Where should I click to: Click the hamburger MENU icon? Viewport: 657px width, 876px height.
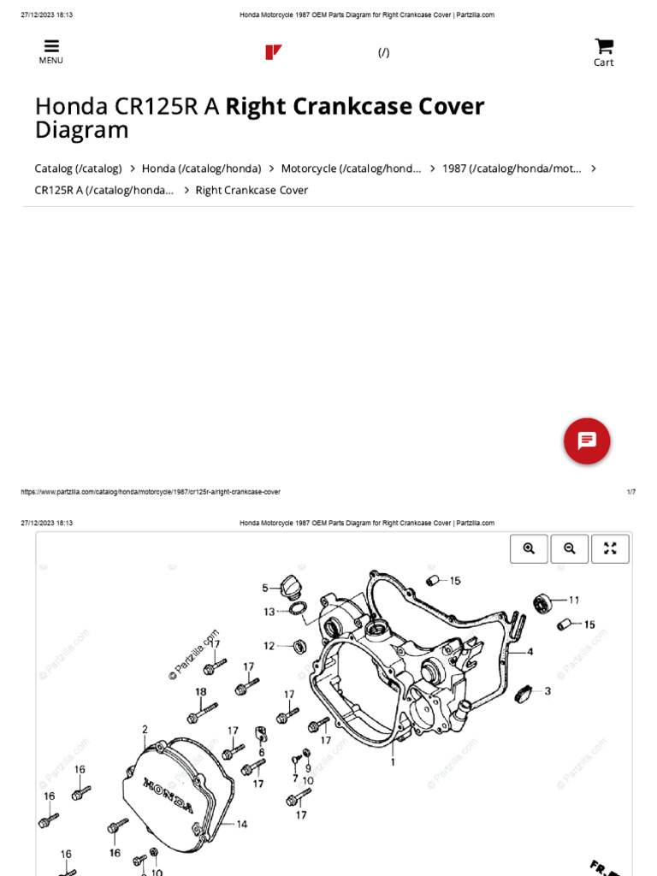click(51, 47)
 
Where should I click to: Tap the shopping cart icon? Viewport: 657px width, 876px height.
click(604, 46)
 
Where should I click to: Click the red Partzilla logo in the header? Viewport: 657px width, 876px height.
click(274, 52)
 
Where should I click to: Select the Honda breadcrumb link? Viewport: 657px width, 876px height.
click(201, 169)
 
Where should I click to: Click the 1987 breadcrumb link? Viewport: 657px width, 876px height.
click(512, 169)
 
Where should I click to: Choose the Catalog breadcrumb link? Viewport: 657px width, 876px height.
click(78, 169)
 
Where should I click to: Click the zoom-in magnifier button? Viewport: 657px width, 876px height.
click(529, 549)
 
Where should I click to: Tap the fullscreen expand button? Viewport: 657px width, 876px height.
click(610, 549)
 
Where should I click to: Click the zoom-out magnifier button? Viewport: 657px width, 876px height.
click(570, 549)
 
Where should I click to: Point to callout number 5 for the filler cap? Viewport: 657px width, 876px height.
click(265, 588)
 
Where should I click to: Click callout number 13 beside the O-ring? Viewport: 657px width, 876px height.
click(269, 612)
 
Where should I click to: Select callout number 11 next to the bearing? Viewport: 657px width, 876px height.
click(574, 600)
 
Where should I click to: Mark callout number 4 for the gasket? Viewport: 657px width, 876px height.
click(530, 652)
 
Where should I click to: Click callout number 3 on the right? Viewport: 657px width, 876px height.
click(547, 690)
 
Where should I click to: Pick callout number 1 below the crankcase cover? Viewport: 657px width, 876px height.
click(393, 761)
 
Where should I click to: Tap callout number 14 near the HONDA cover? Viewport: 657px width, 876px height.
click(241, 824)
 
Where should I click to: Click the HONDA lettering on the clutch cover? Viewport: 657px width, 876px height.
click(169, 795)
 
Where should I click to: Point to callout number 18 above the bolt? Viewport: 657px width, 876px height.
click(200, 691)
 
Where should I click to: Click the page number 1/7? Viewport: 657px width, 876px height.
click(630, 492)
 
